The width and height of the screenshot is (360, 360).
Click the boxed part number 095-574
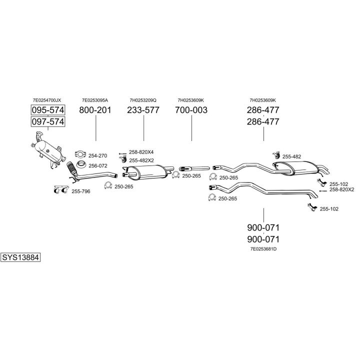[48, 110]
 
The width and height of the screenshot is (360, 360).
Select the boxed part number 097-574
[48, 121]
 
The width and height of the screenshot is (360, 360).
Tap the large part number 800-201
[95, 110]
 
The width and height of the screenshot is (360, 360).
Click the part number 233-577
[143, 110]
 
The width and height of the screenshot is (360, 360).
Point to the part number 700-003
[191, 110]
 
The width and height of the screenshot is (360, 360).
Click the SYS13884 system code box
[20, 257]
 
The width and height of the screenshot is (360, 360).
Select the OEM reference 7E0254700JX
[47, 100]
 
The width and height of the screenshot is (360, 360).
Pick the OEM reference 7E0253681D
[263, 249]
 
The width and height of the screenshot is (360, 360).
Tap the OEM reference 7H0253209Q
[143, 100]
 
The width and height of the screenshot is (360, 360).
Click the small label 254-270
[98, 155]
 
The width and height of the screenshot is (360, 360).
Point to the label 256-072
[98, 166]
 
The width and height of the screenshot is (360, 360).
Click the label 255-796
[81, 191]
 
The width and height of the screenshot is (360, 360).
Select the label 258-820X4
[141, 152]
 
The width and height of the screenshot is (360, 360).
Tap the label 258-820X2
[342, 189]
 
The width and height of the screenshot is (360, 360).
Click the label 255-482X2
[141, 160]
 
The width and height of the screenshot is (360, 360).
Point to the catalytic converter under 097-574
[48, 150]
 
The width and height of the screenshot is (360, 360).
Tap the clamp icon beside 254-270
[80, 154]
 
